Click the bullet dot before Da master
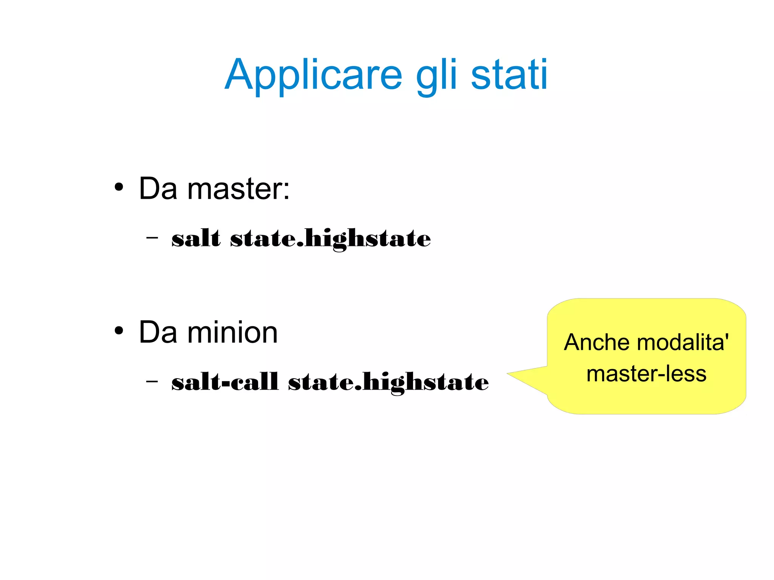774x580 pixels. click(x=119, y=187)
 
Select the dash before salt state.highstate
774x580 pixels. click(x=152, y=238)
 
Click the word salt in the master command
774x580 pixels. click(x=196, y=238)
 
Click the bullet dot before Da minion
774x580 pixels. click(x=119, y=331)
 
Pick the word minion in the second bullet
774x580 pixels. click(x=232, y=332)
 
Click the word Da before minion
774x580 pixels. click(x=158, y=332)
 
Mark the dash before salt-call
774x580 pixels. click(x=152, y=381)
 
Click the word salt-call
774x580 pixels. click(x=225, y=382)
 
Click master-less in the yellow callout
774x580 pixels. click(x=646, y=374)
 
